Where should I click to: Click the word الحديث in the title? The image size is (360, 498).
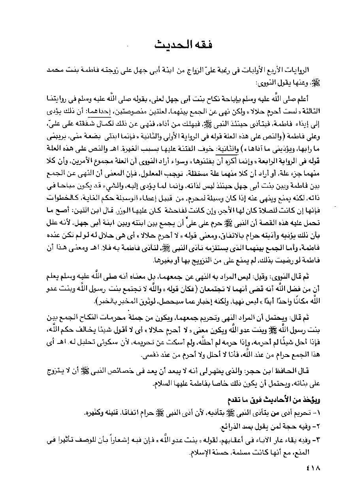tap(170, 44)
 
